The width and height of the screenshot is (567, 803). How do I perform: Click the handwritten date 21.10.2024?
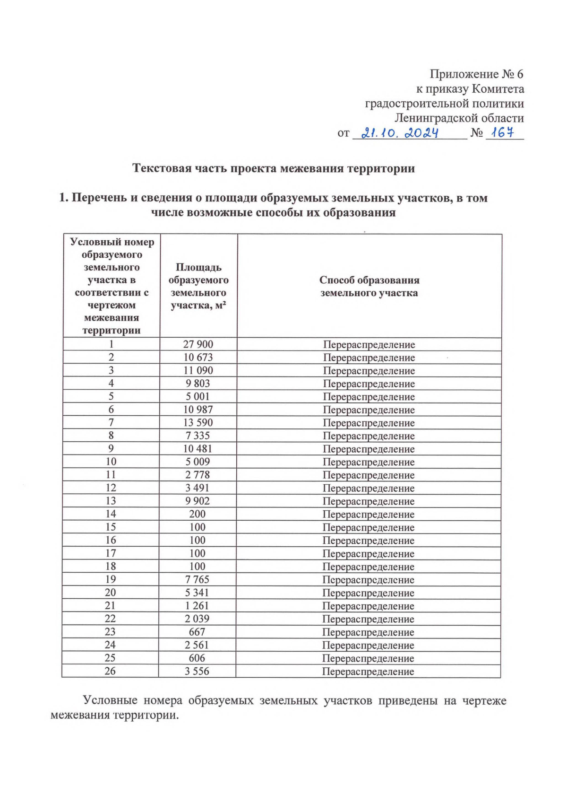pyautogui.click(x=400, y=133)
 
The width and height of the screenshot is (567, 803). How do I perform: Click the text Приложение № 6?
pyautogui.click(x=476, y=74)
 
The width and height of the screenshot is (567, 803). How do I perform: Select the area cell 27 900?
pyautogui.click(x=198, y=344)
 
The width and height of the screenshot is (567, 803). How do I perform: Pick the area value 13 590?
pyautogui.click(x=198, y=422)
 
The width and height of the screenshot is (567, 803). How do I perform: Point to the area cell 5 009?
pyautogui.click(x=198, y=462)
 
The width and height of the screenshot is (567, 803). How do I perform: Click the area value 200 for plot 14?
pyautogui.click(x=197, y=514)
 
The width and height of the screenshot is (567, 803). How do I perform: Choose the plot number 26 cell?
pyautogui.click(x=110, y=671)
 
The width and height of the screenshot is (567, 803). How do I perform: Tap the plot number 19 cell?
pyautogui.click(x=111, y=579)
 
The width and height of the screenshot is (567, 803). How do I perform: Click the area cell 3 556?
pyautogui.click(x=197, y=671)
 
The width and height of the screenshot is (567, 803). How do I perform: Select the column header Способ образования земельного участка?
pyautogui.click(x=369, y=286)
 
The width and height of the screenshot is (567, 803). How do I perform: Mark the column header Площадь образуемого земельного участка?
pyautogui.click(x=198, y=286)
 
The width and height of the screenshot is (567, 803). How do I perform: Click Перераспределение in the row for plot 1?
pyautogui.click(x=369, y=345)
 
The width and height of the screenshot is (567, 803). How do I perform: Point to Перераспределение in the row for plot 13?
pyautogui.click(x=369, y=501)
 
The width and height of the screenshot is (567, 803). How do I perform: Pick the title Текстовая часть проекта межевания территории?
pyautogui.click(x=273, y=168)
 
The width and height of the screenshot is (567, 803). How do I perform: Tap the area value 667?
pyautogui.click(x=197, y=632)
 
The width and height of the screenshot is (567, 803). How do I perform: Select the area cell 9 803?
pyautogui.click(x=198, y=384)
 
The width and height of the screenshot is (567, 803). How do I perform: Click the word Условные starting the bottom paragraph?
pyautogui.click(x=110, y=700)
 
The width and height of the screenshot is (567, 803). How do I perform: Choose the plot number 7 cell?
pyautogui.click(x=111, y=422)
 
